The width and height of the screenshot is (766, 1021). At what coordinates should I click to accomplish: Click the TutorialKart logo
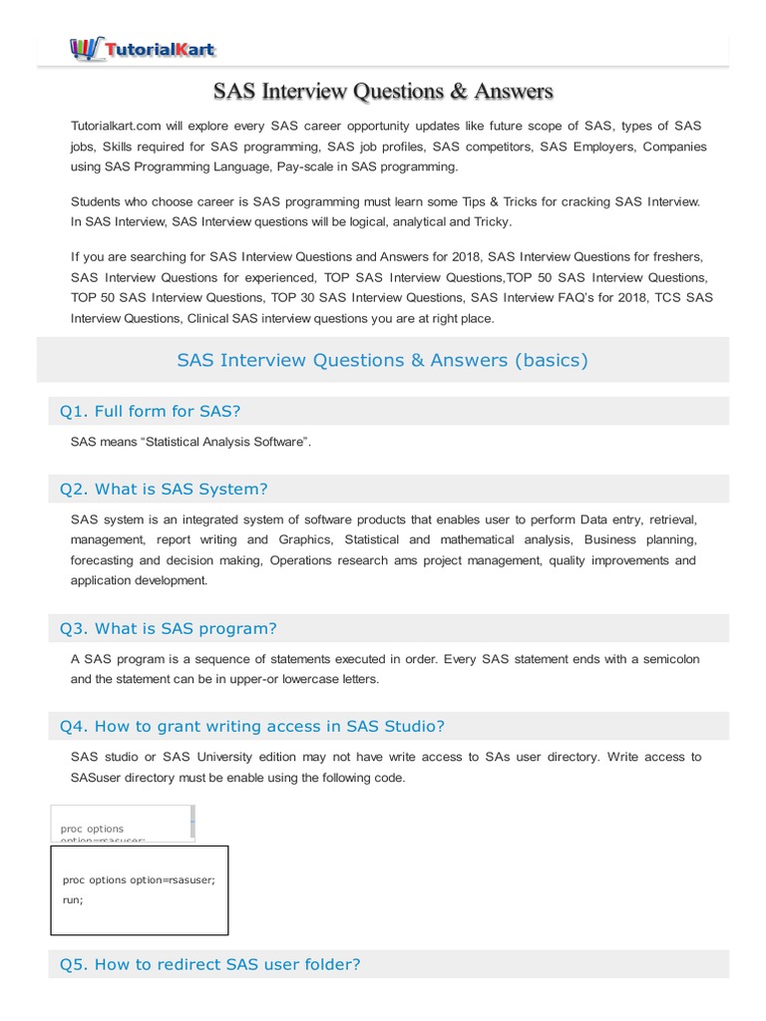tap(143, 47)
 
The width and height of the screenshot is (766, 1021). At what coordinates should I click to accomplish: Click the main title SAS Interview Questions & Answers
tap(382, 92)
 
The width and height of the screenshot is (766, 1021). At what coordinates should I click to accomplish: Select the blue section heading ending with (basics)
tap(382, 360)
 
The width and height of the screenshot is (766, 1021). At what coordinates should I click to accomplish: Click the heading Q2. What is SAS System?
tap(164, 489)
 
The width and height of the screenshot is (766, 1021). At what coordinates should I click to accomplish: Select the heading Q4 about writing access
tap(252, 725)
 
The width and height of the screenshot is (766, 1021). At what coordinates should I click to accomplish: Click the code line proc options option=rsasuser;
tap(139, 879)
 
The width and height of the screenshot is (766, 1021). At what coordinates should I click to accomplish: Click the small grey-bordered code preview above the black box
tap(122, 824)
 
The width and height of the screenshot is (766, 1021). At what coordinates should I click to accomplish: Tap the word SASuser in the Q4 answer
tap(95, 777)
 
